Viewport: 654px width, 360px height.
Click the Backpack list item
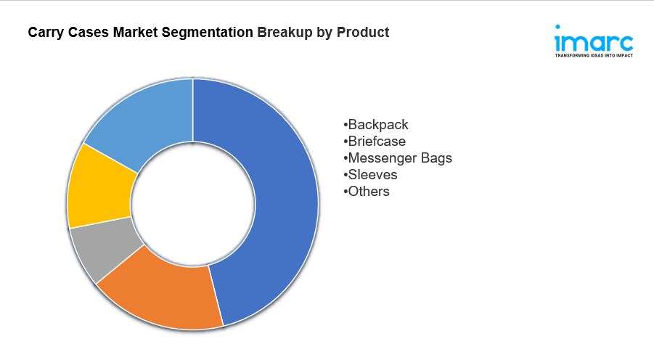tap(376, 124)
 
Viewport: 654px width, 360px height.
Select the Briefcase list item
tap(375, 141)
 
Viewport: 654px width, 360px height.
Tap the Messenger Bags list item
tap(398, 157)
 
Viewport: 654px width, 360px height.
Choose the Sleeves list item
tap(370, 174)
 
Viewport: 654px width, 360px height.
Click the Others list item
tap(367, 191)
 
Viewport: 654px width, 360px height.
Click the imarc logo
tap(594, 41)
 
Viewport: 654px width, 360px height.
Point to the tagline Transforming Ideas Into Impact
tap(594, 55)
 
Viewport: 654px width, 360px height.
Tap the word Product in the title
tap(363, 32)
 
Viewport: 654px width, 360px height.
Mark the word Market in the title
tap(135, 32)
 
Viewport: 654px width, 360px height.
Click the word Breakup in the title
tap(285, 33)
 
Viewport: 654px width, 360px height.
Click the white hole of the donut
tap(192, 204)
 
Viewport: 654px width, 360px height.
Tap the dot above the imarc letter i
tap(557, 27)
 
